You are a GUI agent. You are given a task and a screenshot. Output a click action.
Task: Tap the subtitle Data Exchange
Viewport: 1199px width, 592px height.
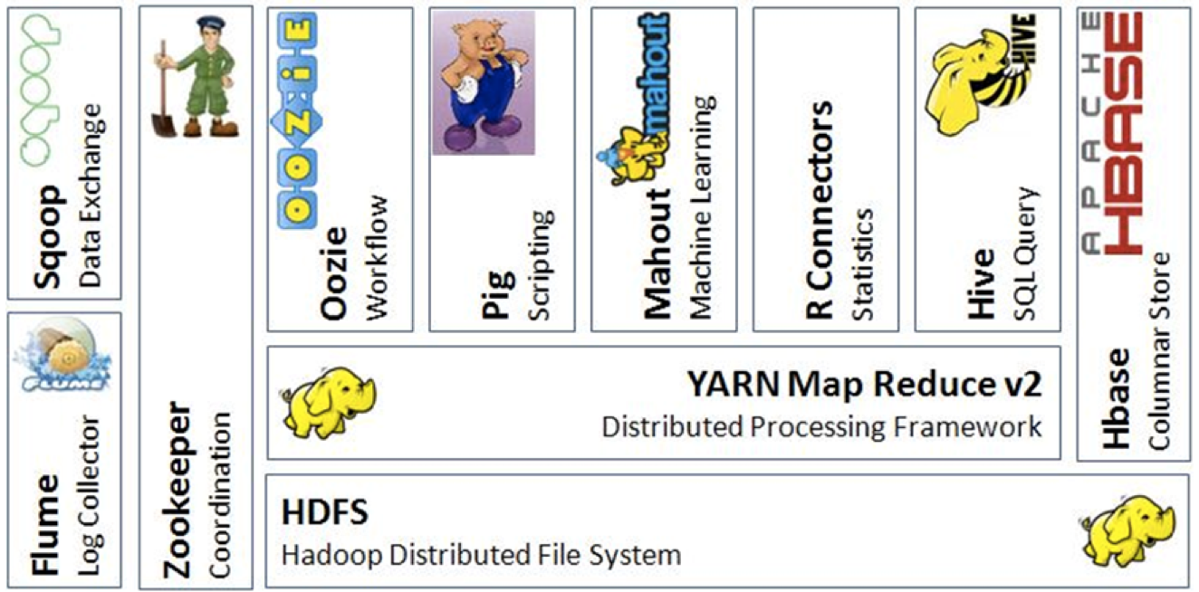click(x=91, y=196)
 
